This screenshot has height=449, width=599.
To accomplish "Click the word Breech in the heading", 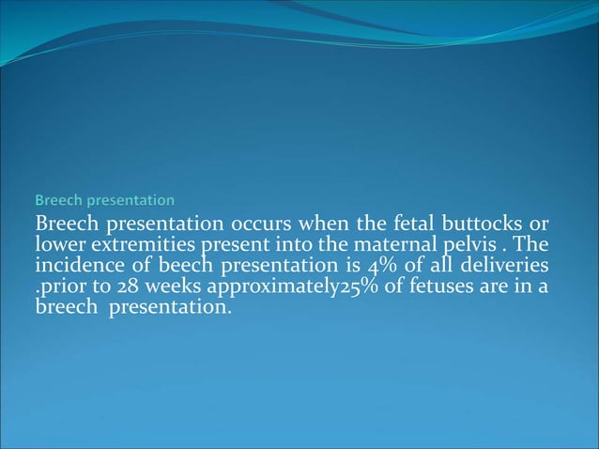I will click(x=57, y=200).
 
